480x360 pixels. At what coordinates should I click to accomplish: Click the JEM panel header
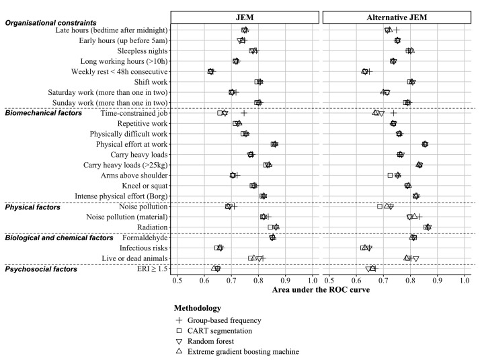coord(245,17)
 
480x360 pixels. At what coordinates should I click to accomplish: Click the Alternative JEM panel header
coord(397,17)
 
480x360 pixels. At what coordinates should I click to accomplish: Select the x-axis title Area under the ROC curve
coord(321,290)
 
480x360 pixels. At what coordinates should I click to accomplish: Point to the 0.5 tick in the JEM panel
coord(177,281)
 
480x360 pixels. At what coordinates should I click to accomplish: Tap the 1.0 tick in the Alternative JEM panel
coord(465,281)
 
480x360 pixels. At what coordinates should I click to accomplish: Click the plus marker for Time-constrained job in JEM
coord(244,113)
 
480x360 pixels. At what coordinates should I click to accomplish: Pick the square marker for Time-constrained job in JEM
coord(220,113)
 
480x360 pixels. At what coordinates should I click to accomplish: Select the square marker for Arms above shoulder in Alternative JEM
coord(390,175)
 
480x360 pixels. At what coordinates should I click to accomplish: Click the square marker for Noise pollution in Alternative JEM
coord(380,207)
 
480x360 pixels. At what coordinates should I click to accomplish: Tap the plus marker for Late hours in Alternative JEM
coord(397,30)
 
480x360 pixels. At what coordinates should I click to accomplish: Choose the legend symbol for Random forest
coord(179,341)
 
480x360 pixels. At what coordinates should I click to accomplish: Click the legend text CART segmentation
coord(220,331)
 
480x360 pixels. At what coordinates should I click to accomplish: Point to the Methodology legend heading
coord(198,308)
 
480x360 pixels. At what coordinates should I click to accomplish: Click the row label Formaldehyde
coord(145,238)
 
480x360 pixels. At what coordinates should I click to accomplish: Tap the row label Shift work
coord(151,82)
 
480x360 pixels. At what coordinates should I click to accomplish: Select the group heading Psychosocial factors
coord(41,269)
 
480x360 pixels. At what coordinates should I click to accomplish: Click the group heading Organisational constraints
coord(51,23)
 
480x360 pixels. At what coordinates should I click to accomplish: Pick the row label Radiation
coord(153,227)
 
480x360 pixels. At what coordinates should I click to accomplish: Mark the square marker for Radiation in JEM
coord(270,227)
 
